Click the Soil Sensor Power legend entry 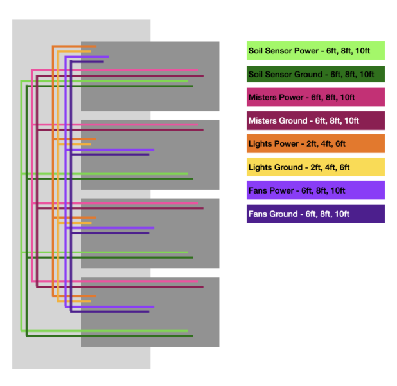pyautogui.click(x=315, y=51)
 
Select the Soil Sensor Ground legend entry pyautogui.click(x=315, y=74)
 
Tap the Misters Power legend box pyautogui.click(x=315, y=97)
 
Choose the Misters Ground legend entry pyautogui.click(x=315, y=120)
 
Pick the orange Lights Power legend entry pyautogui.click(x=315, y=144)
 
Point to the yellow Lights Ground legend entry pyautogui.click(x=315, y=167)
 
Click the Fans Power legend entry pyautogui.click(x=315, y=190)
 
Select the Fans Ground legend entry pyautogui.click(x=315, y=214)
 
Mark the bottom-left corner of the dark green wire pyautogui.click(x=26, y=335)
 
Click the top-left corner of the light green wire pyautogui.click(x=22, y=81)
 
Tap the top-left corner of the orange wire pyautogui.click(x=53, y=46)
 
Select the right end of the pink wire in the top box pyautogui.click(x=198, y=70)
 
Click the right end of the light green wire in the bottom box pyautogui.click(x=188, y=331)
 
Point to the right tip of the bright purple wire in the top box pyautogui.click(x=109, y=57)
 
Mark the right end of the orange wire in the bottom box pyautogui.click(x=96, y=296)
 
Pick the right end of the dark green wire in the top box pyautogui.click(x=193, y=86)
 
